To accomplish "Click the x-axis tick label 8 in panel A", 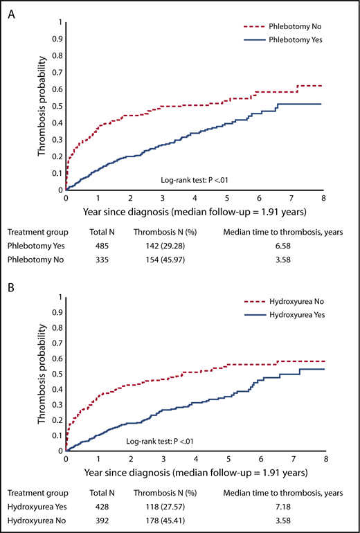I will coord(324,197).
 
